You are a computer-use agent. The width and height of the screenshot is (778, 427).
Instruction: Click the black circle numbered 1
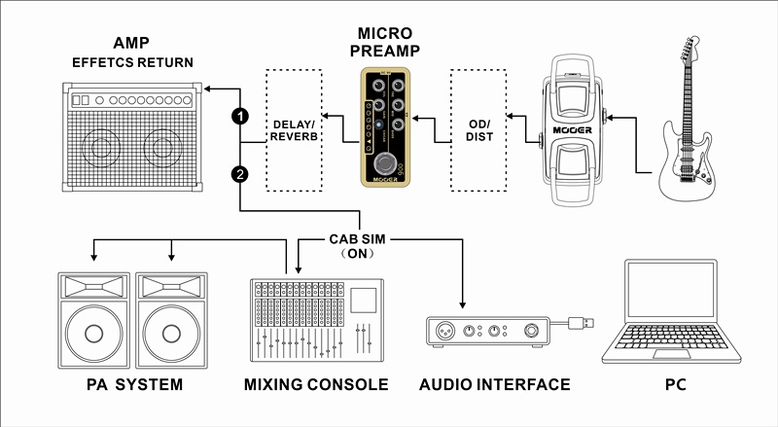239,116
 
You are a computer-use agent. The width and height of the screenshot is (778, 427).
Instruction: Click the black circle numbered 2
239,175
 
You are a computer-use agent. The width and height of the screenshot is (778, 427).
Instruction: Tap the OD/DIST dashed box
479,130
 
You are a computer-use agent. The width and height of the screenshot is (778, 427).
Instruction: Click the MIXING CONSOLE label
316,385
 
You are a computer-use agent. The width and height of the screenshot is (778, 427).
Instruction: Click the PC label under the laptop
676,385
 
